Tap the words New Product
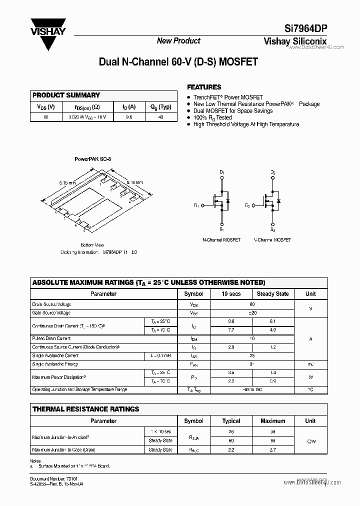(x=178, y=41)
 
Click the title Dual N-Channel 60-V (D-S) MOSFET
(x=178, y=62)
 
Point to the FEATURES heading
(x=204, y=87)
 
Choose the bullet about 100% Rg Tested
(x=213, y=117)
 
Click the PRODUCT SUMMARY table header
(x=66, y=95)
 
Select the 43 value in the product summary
(x=161, y=116)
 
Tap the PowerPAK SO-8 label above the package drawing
(x=92, y=159)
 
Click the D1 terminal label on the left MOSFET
(x=222, y=172)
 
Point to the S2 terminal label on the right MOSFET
(x=272, y=229)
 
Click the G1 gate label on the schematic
(x=196, y=205)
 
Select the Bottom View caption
(x=92, y=245)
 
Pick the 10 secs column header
(x=231, y=294)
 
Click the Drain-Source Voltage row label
(x=52, y=304)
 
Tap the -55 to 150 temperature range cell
(x=252, y=389)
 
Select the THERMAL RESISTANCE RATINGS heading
(x=85, y=409)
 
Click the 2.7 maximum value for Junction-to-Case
(x=272, y=450)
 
